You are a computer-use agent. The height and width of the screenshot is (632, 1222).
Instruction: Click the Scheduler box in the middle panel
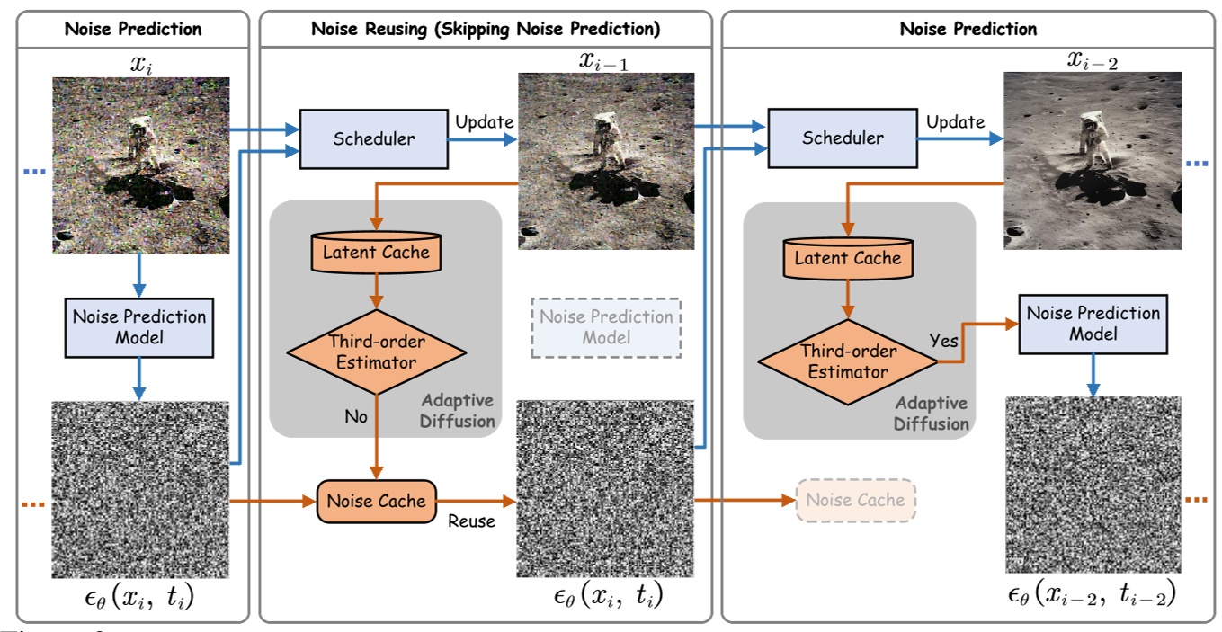point(373,139)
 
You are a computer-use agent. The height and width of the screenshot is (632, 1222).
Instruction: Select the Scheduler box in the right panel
point(842,138)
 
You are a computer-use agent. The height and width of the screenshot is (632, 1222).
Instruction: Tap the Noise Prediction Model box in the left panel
point(138,327)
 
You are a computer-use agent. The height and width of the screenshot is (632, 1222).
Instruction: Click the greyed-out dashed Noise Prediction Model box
point(606,327)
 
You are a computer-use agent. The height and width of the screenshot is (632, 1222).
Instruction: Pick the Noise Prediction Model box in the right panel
point(1093,323)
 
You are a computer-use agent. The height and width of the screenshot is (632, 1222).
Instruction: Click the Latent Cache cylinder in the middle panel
point(377,253)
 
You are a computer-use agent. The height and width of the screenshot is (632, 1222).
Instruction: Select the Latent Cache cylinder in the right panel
point(847,258)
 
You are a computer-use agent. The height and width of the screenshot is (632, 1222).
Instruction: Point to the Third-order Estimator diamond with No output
point(377,352)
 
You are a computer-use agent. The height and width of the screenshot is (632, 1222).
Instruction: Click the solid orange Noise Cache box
point(377,501)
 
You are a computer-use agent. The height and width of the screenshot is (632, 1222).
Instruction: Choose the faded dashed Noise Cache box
point(855,500)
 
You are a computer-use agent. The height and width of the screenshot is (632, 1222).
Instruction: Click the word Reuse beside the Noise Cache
point(471,521)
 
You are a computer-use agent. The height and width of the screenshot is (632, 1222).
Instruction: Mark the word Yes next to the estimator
point(945,342)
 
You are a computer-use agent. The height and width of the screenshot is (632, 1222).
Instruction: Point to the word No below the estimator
point(357,416)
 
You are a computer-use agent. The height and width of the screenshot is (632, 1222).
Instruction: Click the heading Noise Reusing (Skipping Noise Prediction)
point(485,29)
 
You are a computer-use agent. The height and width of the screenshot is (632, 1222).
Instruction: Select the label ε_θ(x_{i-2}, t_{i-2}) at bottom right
point(1092,594)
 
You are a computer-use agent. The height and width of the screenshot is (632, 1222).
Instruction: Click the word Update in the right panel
point(955,121)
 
